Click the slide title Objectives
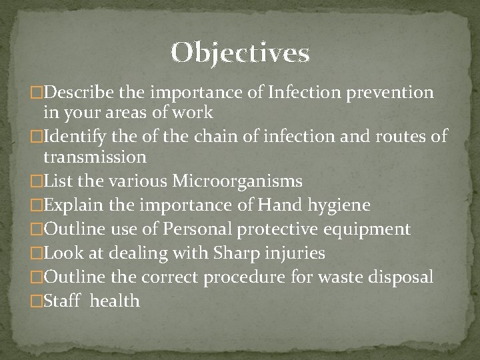point(240,53)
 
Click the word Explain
point(71,205)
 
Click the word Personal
point(185,229)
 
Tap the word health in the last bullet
point(115,301)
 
